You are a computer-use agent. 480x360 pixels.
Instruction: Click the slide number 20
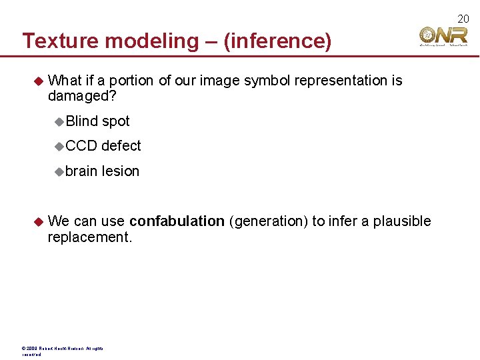pos(463,19)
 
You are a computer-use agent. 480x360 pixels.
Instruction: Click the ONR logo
pos(443,37)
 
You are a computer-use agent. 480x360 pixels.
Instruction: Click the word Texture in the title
pos(61,41)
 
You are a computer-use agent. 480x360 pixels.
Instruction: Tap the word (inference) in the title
pos(277,41)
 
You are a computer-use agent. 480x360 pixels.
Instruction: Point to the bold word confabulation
pos(177,221)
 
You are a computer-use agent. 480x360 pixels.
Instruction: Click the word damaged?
pos(82,97)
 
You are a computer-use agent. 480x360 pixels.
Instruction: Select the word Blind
pos(82,121)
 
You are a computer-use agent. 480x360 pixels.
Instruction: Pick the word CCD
pos(81,146)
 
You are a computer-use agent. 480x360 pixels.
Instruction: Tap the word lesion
pos(121,171)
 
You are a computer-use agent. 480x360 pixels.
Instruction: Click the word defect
pos(121,146)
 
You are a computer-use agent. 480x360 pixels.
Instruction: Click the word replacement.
pos(90,237)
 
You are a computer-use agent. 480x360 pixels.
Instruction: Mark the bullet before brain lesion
pos(59,171)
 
